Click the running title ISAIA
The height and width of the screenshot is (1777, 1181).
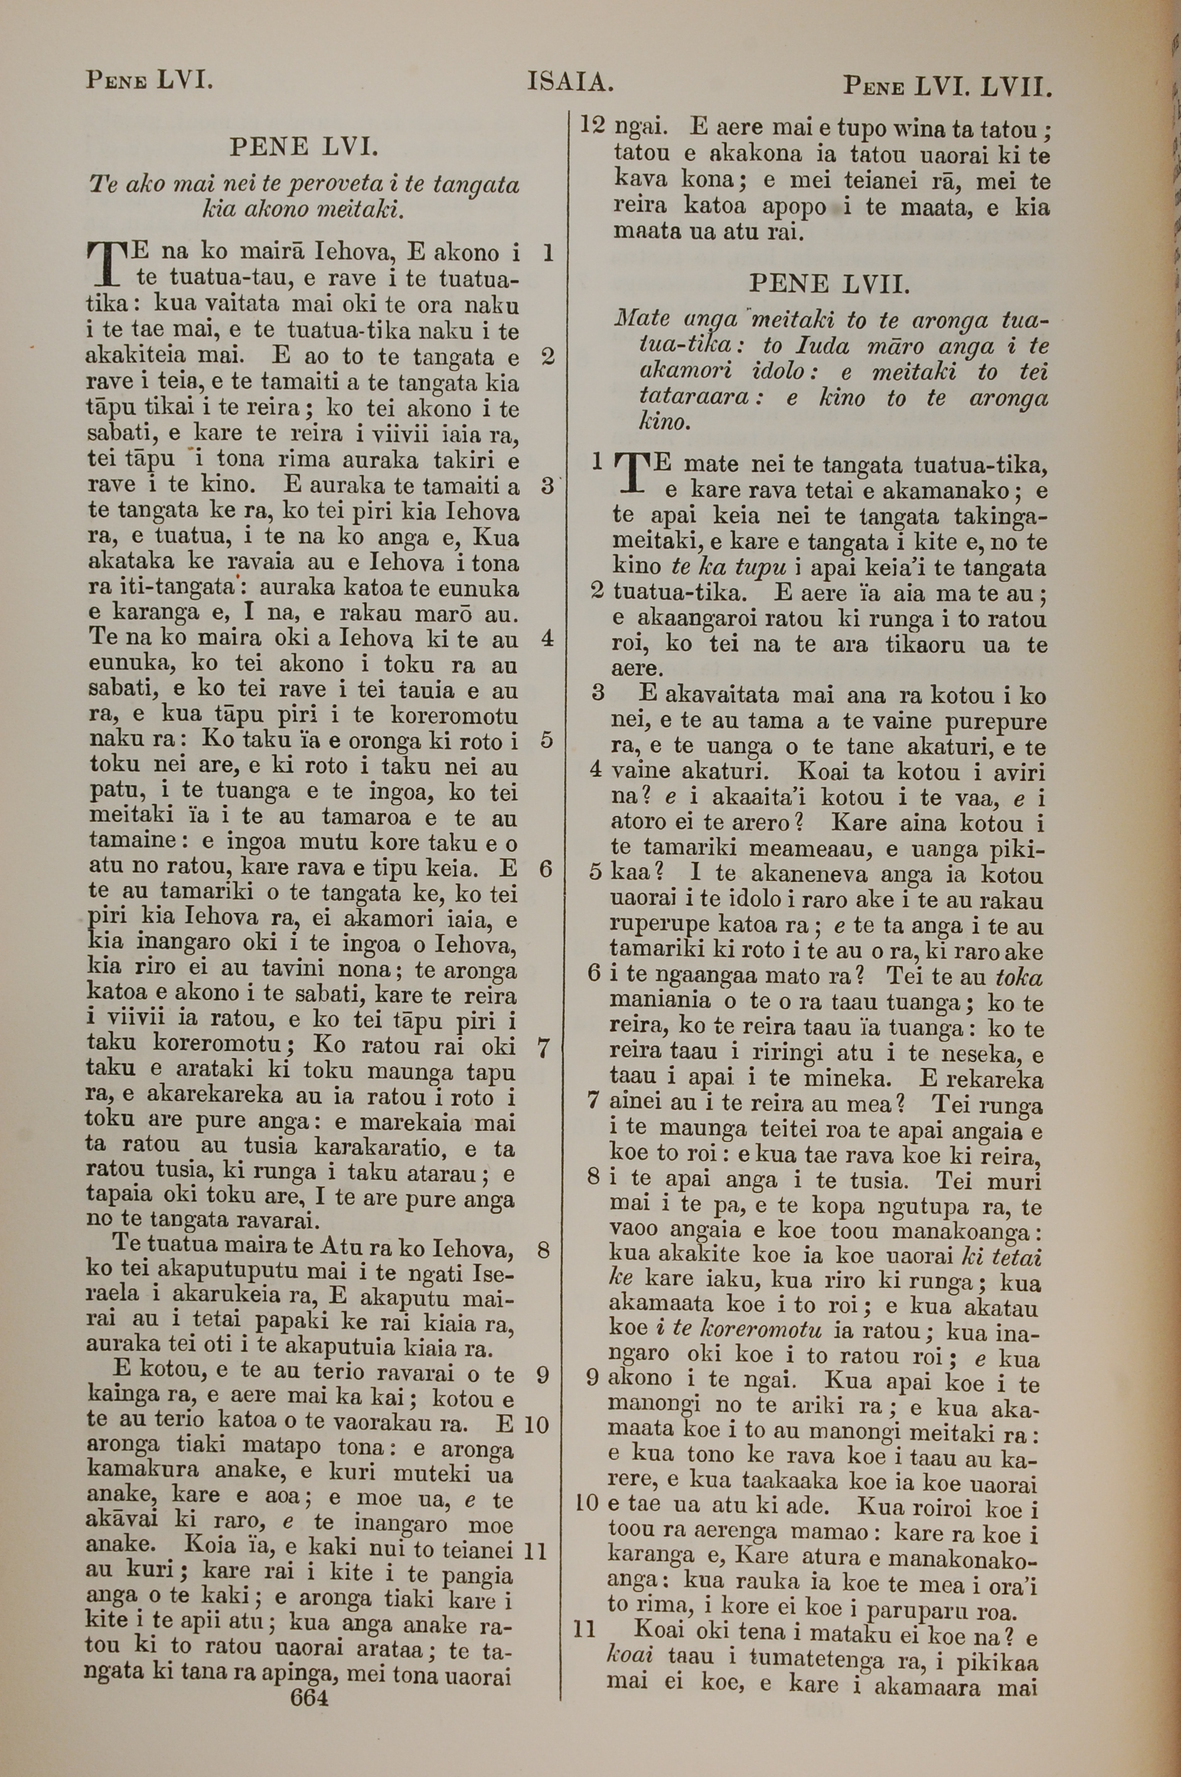click(570, 82)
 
